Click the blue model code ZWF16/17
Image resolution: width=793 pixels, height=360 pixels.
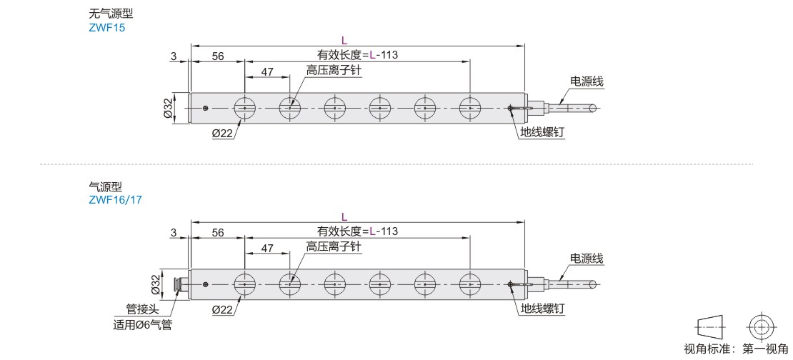tap(115, 199)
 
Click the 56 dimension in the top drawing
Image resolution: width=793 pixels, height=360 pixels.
tap(218, 56)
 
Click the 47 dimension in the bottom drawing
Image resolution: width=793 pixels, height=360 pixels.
tap(267, 248)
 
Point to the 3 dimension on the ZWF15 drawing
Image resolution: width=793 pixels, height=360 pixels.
tap(174, 56)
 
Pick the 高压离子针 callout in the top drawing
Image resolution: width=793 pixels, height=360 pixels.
tap(334, 70)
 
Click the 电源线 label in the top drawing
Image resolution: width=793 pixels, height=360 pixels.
tap(587, 81)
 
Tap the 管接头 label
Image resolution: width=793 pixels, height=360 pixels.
tap(141, 309)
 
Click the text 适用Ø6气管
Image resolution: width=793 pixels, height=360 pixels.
tap(143, 325)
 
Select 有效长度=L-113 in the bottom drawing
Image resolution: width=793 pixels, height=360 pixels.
tap(357, 231)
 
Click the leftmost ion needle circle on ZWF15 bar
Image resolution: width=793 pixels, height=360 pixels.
tap(244, 108)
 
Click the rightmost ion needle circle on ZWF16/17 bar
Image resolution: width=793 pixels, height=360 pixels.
tap(470, 284)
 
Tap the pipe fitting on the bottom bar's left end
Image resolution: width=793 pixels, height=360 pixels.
tap(180, 284)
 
